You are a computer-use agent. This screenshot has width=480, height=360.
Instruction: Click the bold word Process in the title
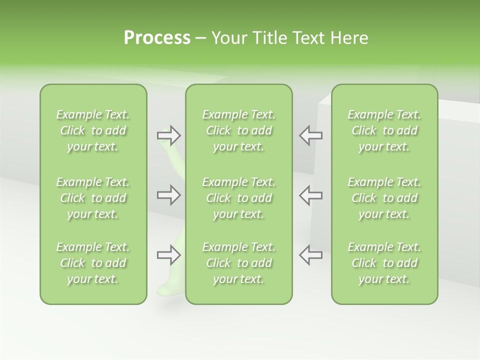[x=157, y=38]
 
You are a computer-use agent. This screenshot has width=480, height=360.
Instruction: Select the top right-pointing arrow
[x=168, y=135]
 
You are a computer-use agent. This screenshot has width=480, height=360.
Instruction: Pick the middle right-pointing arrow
[x=168, y=195]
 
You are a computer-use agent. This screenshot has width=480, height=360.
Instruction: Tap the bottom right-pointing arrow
[x=168, y=255]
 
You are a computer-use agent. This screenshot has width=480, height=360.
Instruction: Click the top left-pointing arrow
[x=311, y=135]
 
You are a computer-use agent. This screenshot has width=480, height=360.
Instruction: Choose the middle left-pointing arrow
[x=311, y=195]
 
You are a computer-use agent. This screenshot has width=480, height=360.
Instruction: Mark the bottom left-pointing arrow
[x=311, y=255]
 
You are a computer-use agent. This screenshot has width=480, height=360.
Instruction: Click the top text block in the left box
[x=93, y=130]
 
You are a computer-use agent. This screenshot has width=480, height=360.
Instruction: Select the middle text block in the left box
[x=93, y=198]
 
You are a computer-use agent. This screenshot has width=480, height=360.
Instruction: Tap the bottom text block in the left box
[x=93, y=263]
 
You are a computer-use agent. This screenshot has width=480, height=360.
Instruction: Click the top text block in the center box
[x=239, y=130]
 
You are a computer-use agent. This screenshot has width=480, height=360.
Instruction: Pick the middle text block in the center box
[x=239, y=198]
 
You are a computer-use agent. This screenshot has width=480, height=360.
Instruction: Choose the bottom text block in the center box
[x=239, y=263]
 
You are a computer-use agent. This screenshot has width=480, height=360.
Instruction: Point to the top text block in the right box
[x=384, y=130]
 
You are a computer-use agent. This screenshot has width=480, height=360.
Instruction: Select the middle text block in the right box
[x=384, y=198]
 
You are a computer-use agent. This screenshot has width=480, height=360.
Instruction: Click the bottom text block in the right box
[x=384, y=263]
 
